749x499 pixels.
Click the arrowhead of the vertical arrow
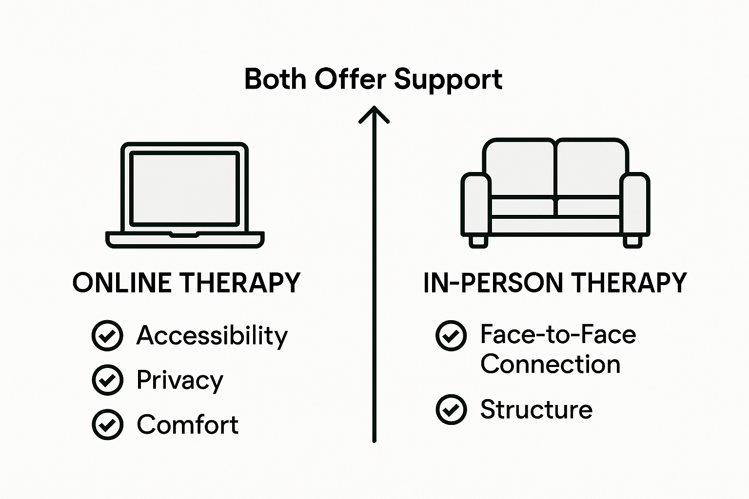coord(374,115)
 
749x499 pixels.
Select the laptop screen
coord(184,189)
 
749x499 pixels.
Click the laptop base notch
coord(184,235)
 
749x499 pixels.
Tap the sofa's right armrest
coord(635,204)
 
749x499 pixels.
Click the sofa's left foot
coord(478,241)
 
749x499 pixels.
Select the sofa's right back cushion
coord(590,168)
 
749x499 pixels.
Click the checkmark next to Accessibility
coord(107,335)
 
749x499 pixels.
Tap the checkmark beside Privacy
coord(107,380)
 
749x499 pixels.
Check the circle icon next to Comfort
coord(107,424)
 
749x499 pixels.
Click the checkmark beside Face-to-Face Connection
coord(451,335)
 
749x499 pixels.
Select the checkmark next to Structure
coord(451,409)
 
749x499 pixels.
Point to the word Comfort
coord(187,424)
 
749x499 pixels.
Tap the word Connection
coord(550,365)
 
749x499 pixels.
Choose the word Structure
coord(536,409)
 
